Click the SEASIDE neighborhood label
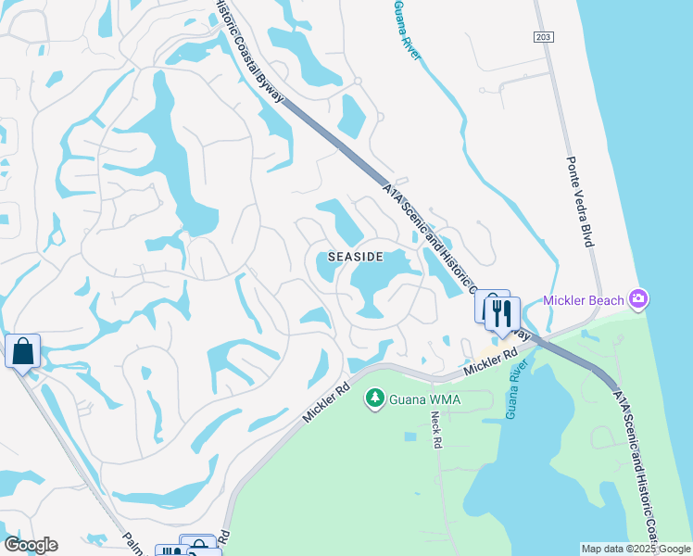click(356, 257)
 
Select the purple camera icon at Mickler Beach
click(637, 298)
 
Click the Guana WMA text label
click(426, 399)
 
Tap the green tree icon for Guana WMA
click(374, 398)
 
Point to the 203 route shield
click(543, 36)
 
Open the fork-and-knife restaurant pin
click(502, 314)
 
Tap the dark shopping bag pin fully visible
click(22, 352)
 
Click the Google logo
click(31, 545)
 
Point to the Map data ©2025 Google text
click(636, 549)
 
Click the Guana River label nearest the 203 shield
click(406, 30)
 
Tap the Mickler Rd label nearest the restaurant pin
click(489, 361)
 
